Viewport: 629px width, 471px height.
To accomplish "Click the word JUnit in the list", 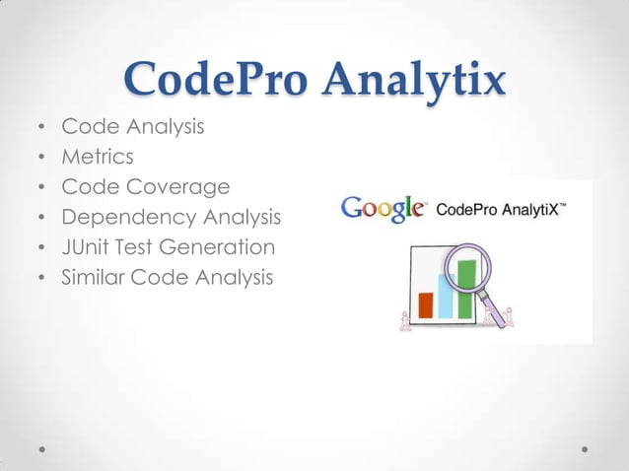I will pyautogui.click(x=85, y=247).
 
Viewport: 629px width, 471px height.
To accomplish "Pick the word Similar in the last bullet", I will pyautogui.click(x=91, y=278).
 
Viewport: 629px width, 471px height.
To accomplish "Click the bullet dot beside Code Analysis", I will pyautogui.click(x=39, y=126).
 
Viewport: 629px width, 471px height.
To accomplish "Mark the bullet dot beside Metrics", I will pyautogui.click(x=39, y=157).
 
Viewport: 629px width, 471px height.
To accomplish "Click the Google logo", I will pyautogui.click(x=383, y=209).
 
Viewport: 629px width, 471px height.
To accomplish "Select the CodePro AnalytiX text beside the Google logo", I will pyautogui.click(x=500, y=209).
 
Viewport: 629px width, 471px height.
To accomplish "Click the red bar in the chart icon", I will pyautogui.click(x=426, y=304).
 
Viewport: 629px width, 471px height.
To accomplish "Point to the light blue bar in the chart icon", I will pyautogui.click(x=445, y=296).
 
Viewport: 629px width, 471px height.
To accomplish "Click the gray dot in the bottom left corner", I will pyautogui.click(x=43, y=447).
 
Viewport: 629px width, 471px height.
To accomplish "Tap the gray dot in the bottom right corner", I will pyautogui.click(x=585, y=447).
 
